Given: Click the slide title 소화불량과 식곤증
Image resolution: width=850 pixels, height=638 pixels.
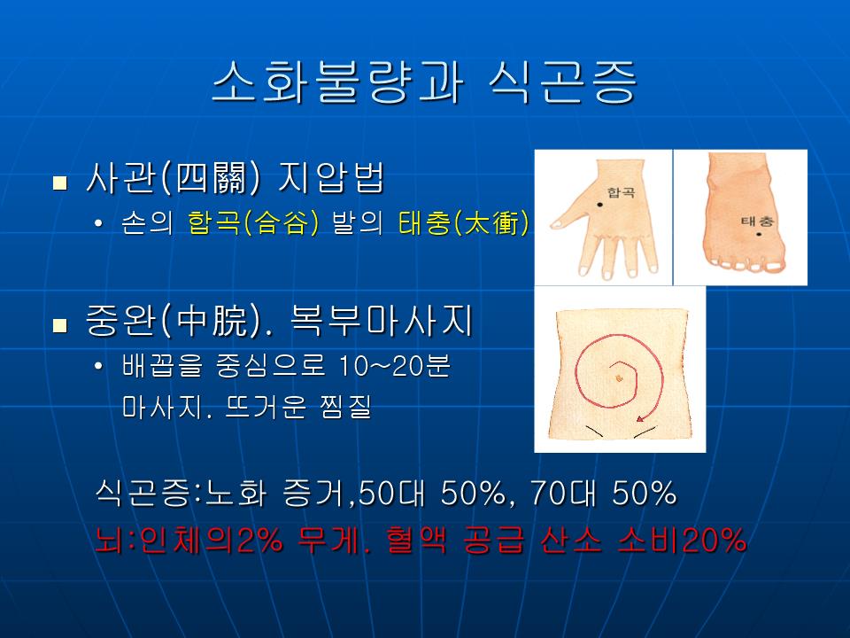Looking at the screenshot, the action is [424, 82].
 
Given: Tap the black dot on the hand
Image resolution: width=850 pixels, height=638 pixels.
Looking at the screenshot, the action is [600, 205].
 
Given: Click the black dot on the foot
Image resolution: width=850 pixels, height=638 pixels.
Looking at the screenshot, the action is [760, 234].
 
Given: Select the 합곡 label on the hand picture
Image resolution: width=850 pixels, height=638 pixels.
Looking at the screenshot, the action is [621, 192].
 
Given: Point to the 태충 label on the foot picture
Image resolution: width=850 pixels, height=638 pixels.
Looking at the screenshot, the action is [758, 221].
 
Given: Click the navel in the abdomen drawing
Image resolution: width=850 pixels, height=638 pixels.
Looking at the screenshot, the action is [619, 378].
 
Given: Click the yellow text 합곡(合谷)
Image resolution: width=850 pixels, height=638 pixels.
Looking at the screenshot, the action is [253, 222].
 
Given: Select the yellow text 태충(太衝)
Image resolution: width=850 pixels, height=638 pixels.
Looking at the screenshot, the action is [463, 222].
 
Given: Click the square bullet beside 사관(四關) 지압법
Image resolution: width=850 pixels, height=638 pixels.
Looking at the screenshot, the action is [60, 183].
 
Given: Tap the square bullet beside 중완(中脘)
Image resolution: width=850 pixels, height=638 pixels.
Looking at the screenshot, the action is [60, 325].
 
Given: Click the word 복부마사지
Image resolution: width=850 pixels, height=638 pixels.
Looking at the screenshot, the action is [382, 321].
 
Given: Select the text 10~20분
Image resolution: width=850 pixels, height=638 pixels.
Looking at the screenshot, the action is [394, 366].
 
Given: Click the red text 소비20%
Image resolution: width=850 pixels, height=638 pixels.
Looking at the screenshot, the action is [682, 541].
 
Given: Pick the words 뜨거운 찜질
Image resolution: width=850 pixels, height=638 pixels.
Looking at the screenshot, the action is [298, 407].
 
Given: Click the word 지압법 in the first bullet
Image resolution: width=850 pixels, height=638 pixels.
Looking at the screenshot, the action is [330, 177].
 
